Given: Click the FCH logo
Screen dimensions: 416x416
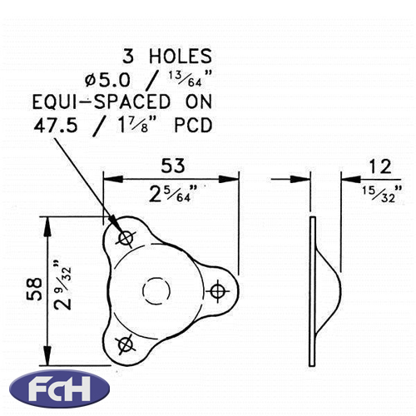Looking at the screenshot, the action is point(59,389).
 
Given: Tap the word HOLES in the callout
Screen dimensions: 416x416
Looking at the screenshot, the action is point(181,56).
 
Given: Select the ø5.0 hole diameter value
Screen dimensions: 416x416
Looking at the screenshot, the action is point(107,80).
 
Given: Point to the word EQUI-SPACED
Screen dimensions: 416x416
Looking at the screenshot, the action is point(102,102).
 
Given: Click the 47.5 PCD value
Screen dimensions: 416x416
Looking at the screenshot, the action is point(56,125).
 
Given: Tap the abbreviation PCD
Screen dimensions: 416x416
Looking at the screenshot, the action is point(193,126).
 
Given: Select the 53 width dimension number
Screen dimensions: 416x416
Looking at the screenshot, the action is point(173,166).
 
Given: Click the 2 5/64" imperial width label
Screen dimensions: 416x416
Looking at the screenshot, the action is point(173,193).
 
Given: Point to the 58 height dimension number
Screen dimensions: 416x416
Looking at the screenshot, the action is point(34,290).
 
